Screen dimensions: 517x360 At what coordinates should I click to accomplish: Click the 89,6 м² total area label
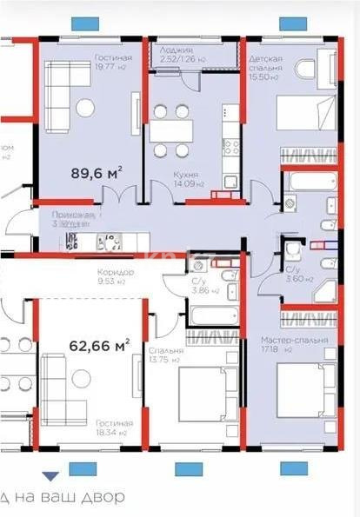(95, 173)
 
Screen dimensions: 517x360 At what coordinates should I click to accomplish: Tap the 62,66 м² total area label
(98, 344)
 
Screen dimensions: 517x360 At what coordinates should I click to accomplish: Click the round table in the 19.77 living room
(86, 108)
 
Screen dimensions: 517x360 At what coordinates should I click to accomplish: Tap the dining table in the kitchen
(170, 130)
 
